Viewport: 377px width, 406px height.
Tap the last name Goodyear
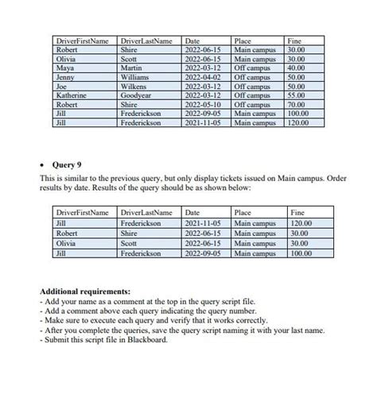pyautogui.click(x=139, y=94)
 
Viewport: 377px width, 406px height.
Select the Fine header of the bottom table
pyautogui.click(x=298, y=214)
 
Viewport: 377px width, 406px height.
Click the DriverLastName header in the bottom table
pyautogui.click(x=146, y=214)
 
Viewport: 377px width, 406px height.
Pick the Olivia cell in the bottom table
pyautogui.click(x=64, y=244)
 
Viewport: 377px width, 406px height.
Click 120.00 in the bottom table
pyautogui.click(x=302, y=225)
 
